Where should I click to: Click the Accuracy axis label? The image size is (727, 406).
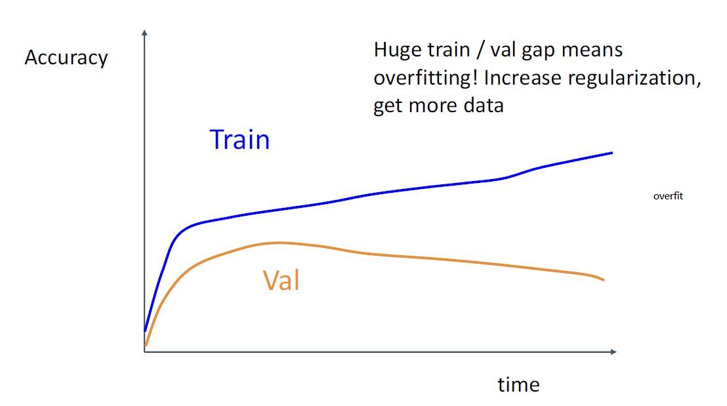66,58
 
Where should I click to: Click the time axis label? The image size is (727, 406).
518,384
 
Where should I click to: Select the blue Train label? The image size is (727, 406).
239,140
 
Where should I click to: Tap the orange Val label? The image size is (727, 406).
281,280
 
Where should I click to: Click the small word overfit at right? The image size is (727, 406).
668,196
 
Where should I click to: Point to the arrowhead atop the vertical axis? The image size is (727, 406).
144,32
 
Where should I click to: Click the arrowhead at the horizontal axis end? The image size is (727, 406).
614,352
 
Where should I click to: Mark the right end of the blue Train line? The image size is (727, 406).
612,152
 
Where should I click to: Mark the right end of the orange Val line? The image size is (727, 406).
604,280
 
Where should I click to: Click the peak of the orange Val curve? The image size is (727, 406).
279,243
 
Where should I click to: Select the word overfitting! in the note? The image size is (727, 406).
426,78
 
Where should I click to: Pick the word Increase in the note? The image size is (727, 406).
522,77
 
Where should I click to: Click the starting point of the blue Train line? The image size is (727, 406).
145,331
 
